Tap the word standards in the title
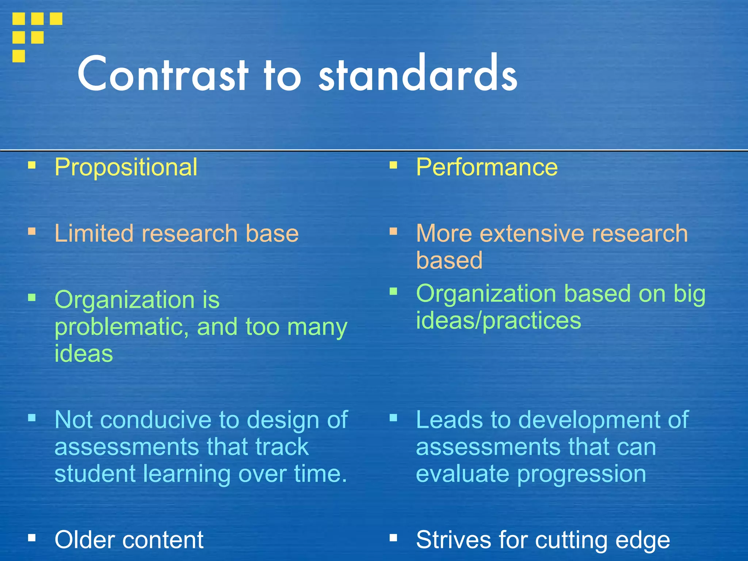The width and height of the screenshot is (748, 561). [x=418, y=74]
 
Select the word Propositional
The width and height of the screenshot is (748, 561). [x=126, y=167]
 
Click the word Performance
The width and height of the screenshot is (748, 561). [x=487, y=167]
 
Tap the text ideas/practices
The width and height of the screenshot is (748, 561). [x=499, y=321]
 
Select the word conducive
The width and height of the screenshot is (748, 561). [x=156, y=420]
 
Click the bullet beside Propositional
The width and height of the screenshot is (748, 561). [x=32, y=166]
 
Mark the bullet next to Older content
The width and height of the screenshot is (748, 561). [x=32, y=538]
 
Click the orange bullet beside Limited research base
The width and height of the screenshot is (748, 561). [x=32, y=232]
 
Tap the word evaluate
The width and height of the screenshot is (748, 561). [x=462, y=474]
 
